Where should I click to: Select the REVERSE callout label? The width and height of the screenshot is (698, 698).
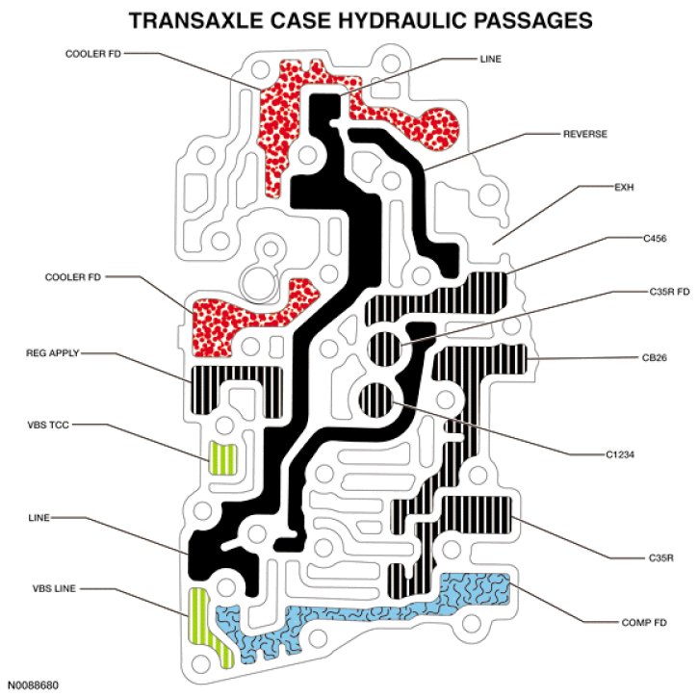(x=584, y=134)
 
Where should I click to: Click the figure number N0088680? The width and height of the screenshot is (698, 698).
(x=32, y=685)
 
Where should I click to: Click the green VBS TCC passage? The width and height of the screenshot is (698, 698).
(x=223, y=455)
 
